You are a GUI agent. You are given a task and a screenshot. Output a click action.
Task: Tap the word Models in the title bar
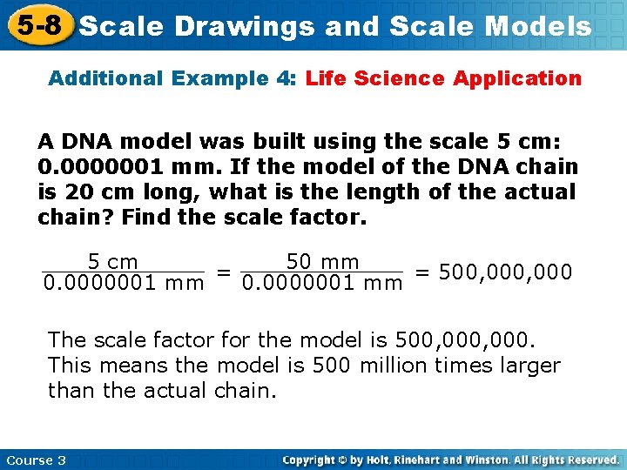tap(537, 26)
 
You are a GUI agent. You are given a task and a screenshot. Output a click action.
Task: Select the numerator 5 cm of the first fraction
tap(112, 261)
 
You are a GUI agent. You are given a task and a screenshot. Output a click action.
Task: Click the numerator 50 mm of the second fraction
tap(322, 261)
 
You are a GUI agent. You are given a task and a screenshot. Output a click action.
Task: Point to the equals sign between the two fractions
tap(223, 272)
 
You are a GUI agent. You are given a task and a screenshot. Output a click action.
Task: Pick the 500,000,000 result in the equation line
tap(506, 272)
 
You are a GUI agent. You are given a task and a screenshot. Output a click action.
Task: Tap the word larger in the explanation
tap(529, 365)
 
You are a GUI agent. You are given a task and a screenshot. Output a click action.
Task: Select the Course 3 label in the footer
tap(36, 460)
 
